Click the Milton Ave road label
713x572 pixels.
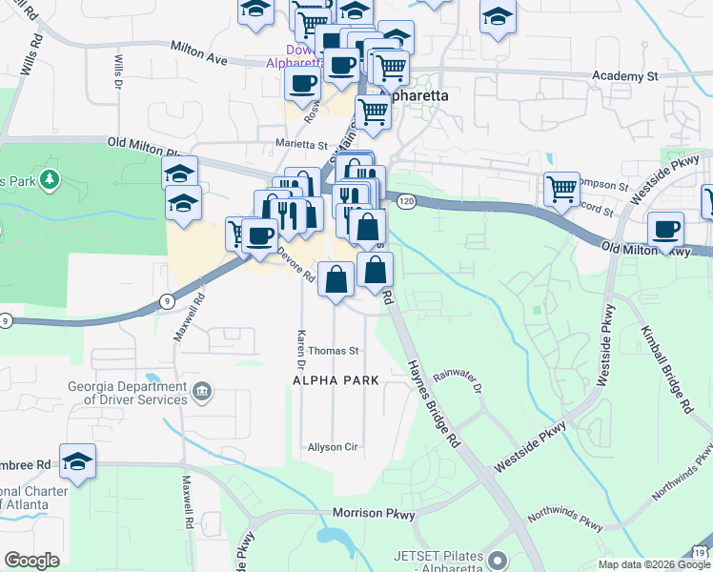(x=199, y=53)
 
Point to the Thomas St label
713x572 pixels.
(x=333, y=351)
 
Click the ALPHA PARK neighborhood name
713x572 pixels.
(x=335, y=380)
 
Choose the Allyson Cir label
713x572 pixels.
(x=332, y=447)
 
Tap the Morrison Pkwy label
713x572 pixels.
(x=374, y=514)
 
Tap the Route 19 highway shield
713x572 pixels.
(x=701, y=553)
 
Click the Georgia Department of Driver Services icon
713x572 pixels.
(x=201, y=391)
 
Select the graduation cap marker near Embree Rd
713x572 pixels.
(x=77, y=461)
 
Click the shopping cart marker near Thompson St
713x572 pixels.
(x=561, y=188)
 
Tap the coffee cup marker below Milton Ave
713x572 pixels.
(x=302, y=82)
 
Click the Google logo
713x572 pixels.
(x=31, y=561)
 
